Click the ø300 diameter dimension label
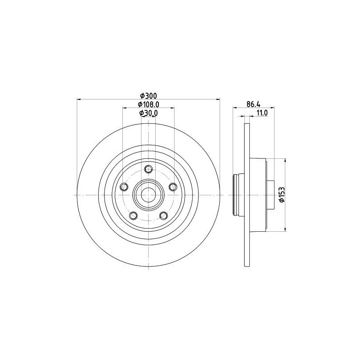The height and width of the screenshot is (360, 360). [x=148, y=96]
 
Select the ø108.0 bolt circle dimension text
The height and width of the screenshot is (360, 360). [x=148, y=104]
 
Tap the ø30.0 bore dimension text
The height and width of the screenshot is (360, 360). [x=148, y=113]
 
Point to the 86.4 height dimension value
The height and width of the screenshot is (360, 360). [x=254, y=104]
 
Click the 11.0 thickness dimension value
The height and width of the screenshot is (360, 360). [x=262, y=113]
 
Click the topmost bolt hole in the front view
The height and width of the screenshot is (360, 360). [x=148, y=169]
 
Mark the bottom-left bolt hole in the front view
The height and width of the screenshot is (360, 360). [x=133, y=216]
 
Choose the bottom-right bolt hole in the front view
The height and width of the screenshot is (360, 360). [x=163, y=216]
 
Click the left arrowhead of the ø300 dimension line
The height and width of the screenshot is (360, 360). [x=79, y=99]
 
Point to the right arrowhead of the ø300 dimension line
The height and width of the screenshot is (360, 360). [x=217, y=99]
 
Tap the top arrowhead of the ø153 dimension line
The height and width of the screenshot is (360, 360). [x=285, y=161]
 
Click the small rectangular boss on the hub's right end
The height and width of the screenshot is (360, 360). [x=271, y=195]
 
